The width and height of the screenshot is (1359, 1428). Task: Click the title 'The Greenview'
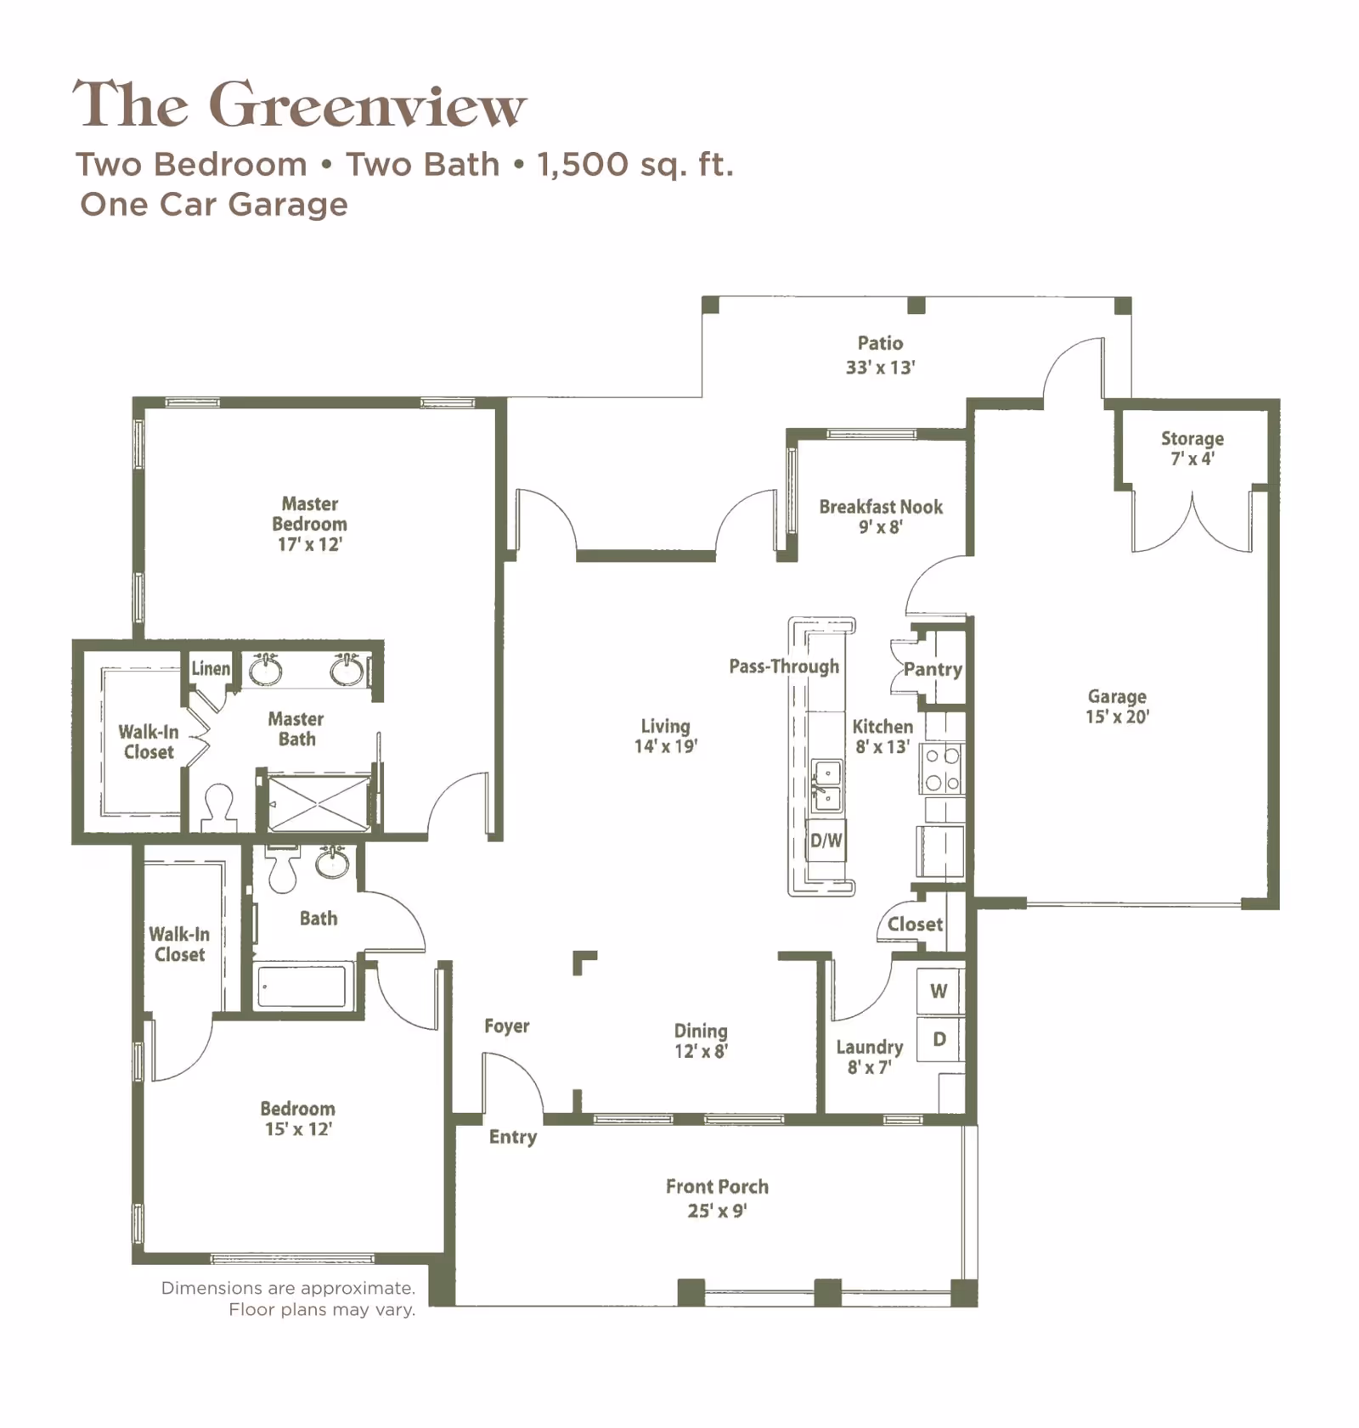(x=299, y=105)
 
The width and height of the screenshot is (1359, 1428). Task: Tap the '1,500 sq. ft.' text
(x=634, y=164)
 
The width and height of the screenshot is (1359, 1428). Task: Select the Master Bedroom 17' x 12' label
(x=309, y=524)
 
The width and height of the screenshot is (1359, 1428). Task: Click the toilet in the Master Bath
(x=219, y=807)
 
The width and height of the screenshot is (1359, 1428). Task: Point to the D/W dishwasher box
(x=826, y=840)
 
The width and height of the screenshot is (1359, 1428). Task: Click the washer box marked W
(x=939, y=991)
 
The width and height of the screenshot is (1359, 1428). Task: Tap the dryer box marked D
(x=939, y=1039)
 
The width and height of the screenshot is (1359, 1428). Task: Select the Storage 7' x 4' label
(x=1192, y=448)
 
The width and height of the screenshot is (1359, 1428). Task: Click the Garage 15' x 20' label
(x=1117, y=706)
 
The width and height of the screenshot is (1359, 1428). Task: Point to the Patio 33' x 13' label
(x=880, y=355)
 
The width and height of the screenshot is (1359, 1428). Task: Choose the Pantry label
(x=933, y=669)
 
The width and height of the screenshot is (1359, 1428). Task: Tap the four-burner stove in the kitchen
(x=942, y=769)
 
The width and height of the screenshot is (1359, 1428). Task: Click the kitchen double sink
(x=826, y=786)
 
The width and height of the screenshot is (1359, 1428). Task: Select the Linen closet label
(x=210, y=668)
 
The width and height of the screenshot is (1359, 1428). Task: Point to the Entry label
(x=512, y=1137)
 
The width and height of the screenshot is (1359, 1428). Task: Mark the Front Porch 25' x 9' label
(x=717, y=1198)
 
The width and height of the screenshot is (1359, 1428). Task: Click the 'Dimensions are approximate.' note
(x=288, y=1288)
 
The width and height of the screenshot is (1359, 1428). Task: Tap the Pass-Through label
(x=783, y=666)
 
